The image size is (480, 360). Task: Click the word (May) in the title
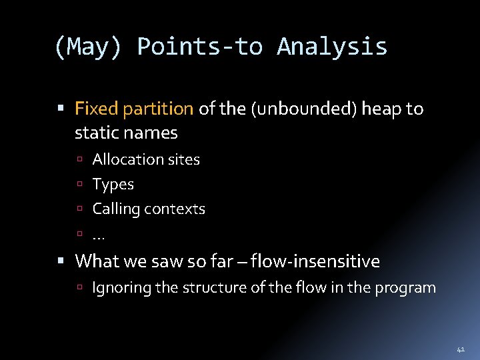[88, 47]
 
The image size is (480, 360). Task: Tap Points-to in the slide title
[199, 47]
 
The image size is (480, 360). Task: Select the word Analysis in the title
[332, 47]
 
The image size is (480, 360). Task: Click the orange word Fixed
[96, 108]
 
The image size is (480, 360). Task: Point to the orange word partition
[158, 109]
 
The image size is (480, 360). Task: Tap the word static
[95, 133]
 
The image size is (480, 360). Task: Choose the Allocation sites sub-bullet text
[146, 159]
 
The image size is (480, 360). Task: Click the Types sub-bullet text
[113, 184]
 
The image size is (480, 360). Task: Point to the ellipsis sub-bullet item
[99, 235]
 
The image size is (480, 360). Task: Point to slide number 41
[460, 349]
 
